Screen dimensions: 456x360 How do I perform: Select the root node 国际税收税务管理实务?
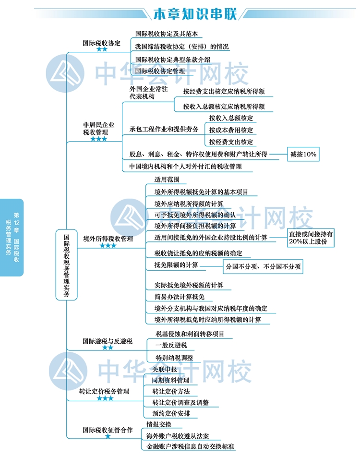pyautogui.click(x=67, y=265)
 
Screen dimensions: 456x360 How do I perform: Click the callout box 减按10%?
pyautogui.click(x=303, y=155)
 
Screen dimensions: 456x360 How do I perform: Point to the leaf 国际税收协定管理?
pyautogui.click(x=160, y=71)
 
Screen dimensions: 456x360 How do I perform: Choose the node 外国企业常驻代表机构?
pyautogui.click(x=148, y=93)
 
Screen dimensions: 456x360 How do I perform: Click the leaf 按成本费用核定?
pyautogui.click(x=231, y=130)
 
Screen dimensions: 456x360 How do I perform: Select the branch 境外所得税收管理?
pyautogui.click(x=108, y=238)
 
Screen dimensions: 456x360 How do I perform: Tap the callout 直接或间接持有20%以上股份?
pyautogui.click(x=311, y=238)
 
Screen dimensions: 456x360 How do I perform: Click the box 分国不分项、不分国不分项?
pyautogui.click(x=264, y=266)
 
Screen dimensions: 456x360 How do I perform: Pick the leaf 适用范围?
pyautogui.click(x=167, y=180)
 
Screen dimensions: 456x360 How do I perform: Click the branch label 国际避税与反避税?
pyautogui.click(x=107, y=342)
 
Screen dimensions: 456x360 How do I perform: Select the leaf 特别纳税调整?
pyautogui.click(x=174, y=358)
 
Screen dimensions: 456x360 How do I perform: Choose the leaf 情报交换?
pyautogui.click(x=158, y=425)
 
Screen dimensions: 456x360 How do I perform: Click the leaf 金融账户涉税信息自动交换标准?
pyautogui.click(x=190, y=446)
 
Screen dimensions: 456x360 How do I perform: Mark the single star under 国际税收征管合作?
pyautogui.click(x=108, y=436)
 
